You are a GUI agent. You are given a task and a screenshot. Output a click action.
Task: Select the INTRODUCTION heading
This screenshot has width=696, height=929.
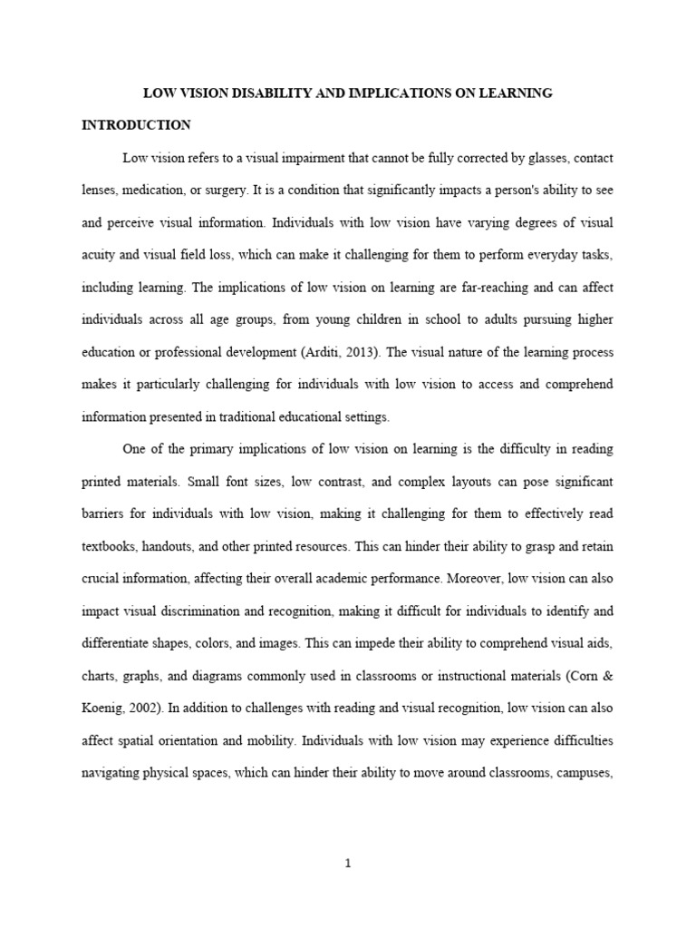tap(136, 124)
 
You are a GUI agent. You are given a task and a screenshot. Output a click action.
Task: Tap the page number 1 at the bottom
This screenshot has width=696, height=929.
tap(348, 864)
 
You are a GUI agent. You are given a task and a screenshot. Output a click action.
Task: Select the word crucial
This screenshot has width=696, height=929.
tap(101, 580)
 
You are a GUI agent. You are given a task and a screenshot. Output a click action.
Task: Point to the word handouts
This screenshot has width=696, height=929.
tap(176, 547)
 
